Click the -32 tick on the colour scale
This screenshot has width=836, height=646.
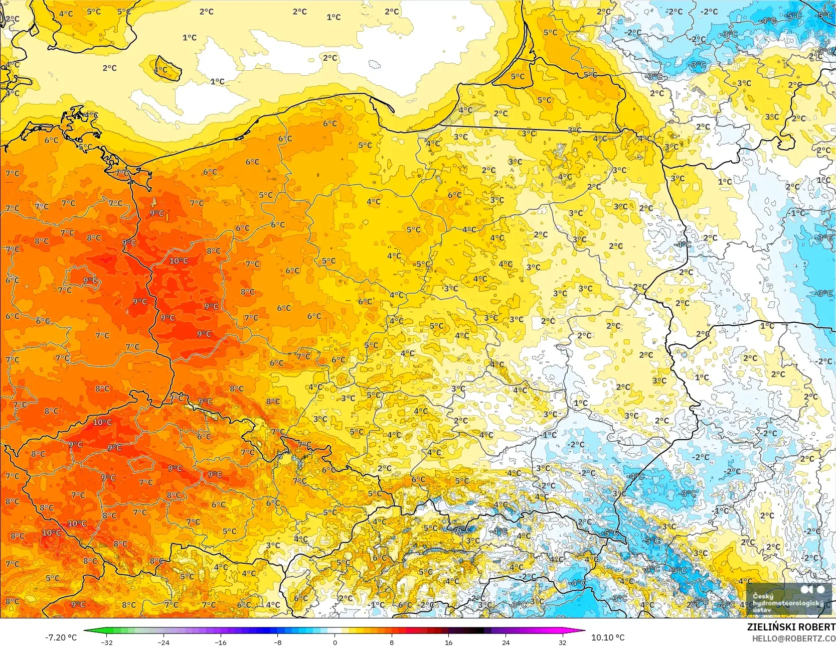pos(107,642)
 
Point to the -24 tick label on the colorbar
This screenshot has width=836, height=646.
pos(163,642)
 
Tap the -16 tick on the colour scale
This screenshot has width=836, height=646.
pos(221,642)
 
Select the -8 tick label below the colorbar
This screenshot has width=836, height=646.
pos(278,642)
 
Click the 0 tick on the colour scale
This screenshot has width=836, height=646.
pos(335,642)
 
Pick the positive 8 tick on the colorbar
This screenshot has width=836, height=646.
pos(392,642)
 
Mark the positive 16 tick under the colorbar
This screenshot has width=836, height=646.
pos(449,642)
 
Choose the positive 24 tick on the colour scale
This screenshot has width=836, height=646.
pos(506,642)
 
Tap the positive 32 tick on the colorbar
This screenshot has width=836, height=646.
pos(563,642)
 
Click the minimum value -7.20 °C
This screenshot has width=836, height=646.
pos(61,637)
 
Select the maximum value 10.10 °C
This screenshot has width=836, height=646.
pos(608,637)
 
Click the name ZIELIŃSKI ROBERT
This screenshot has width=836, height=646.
pos(791,627)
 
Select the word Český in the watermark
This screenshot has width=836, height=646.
pos(763,596)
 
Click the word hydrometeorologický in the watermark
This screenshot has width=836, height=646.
pos(788,603)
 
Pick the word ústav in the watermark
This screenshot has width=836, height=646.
pos(762,610)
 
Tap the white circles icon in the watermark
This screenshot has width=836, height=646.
pos(813,589)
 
